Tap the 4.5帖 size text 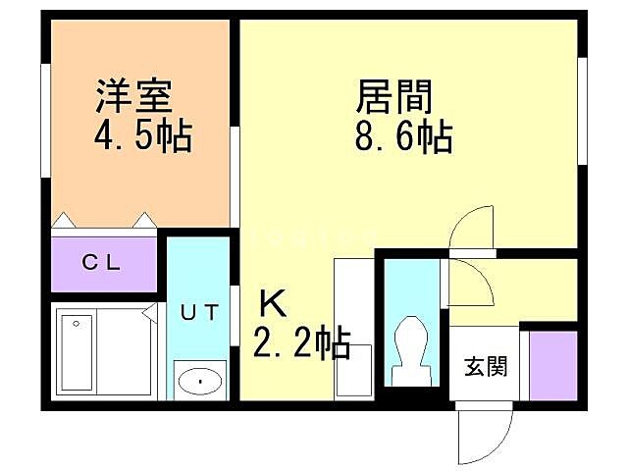coord(143,136)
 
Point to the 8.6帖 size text coord(403,137)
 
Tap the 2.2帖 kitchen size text coord(303,342)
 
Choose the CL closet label coord(101,262)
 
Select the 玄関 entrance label coord(486,368)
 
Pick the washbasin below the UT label coord(199,379)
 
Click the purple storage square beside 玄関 coord(552,365)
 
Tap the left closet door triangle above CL coord(63,220)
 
